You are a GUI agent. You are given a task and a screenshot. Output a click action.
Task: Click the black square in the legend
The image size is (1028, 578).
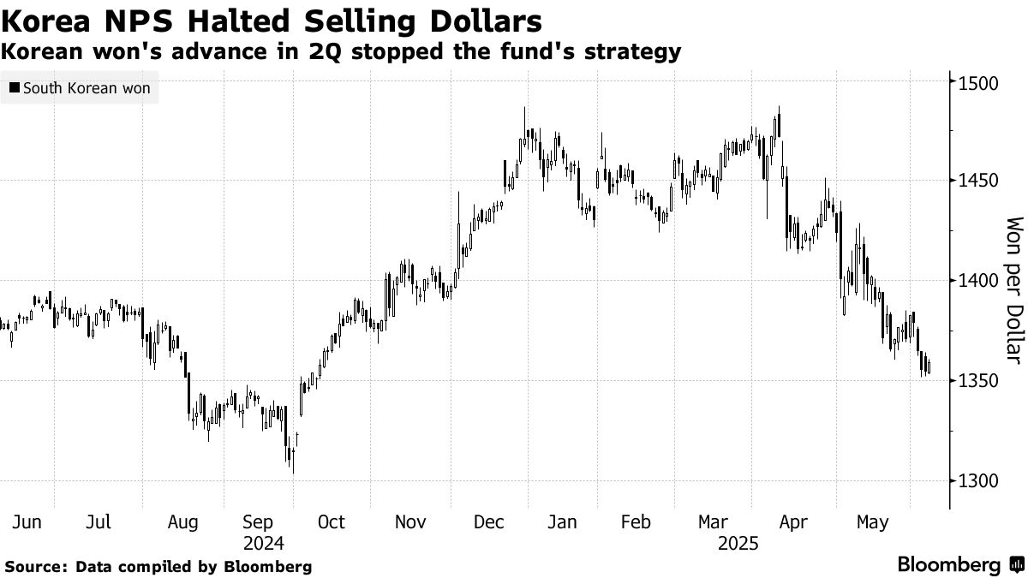tap(14, 88)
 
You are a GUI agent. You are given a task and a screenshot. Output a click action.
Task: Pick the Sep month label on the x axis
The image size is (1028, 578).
tap(258, 521)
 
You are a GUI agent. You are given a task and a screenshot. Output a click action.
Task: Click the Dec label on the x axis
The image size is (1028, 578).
tap(490, 521)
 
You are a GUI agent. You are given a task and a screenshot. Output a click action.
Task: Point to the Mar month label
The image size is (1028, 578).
tap(714, 521)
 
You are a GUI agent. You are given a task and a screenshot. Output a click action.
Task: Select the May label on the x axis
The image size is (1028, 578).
tap(872, 521)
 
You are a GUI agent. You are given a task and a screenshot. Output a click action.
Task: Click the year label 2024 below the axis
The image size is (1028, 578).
tap(263, 543)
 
